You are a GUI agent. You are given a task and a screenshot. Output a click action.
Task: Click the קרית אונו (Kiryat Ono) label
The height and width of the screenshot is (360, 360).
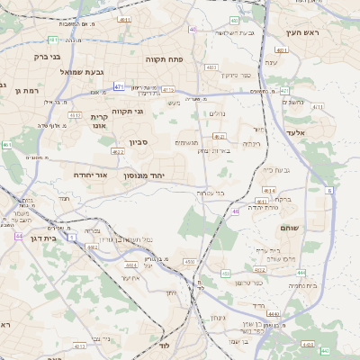point(99,121)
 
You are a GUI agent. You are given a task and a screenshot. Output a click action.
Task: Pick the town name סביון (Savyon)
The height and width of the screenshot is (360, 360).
point(138,141)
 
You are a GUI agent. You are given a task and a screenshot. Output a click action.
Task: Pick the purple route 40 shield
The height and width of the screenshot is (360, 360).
point(192,30)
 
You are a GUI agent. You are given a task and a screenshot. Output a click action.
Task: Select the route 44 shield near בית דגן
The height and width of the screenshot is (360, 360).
point(19,237)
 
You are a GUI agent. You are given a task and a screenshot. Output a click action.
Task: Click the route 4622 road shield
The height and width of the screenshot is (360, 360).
point(118,152)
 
